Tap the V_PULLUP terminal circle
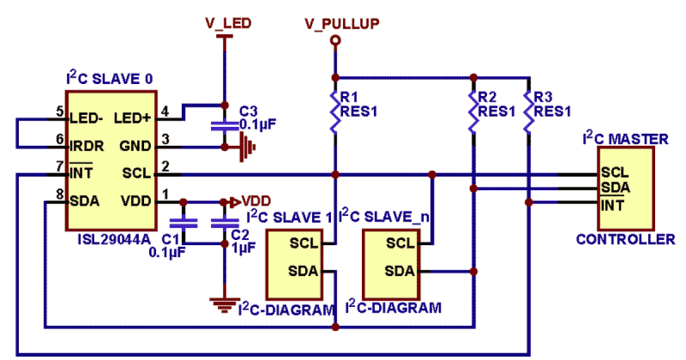[336, 40]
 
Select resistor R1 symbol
[336, 111]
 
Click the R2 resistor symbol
[473, 111]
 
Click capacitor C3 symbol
[225, 126]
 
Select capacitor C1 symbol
[183, 223]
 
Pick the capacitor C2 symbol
[225, 223]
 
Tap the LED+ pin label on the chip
[133, 118]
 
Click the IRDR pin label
[86, 146]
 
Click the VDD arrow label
[250, 201]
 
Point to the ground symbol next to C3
[247, 146]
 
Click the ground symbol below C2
[225, 302]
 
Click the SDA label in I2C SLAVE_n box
[399, 271]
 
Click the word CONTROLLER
[625, 239]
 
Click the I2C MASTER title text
[624, 139]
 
